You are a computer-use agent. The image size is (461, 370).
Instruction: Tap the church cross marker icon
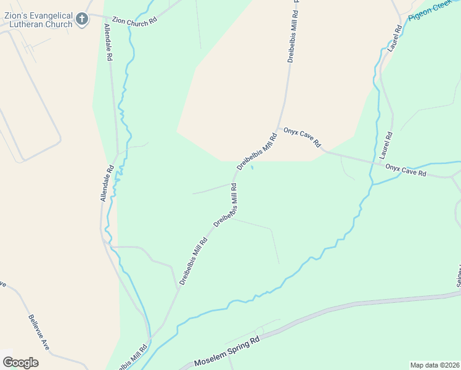click(x=82, y=20)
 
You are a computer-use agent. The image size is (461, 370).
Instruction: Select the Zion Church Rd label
click(x=134, y=20)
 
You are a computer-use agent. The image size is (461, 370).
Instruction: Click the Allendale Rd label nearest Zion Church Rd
click(x=108, y=42)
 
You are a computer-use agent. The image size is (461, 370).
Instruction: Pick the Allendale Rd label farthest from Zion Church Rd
click(x=107, y=183)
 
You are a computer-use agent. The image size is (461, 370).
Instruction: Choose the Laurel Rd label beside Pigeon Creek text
click(x=395, y=38)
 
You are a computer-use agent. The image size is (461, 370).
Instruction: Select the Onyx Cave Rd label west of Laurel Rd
click(x=303, y=137)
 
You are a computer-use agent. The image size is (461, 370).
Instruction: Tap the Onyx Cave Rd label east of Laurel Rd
click(x=406, y=170)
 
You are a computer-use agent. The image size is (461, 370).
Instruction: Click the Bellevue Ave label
click(x=39, y=332)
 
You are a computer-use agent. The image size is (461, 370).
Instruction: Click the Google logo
click(x=20, y=362)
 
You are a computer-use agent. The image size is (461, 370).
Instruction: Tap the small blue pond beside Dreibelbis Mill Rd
click(x=251, y=168)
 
